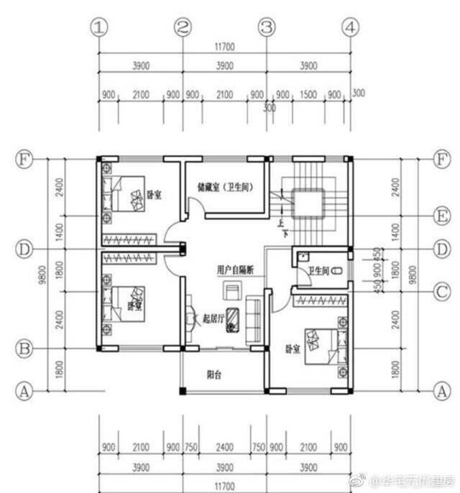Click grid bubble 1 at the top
click(x=99, y=27)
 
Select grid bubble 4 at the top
click(x=350, y=27)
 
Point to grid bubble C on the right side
click(x=441, y=291)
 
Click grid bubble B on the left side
click(x=24, y=349)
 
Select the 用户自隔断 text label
click(x=235, y=270)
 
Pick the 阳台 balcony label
click(x=213, y=374)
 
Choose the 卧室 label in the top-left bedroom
click(x=154, y=194)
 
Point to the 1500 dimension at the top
click(x=308, y=95)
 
